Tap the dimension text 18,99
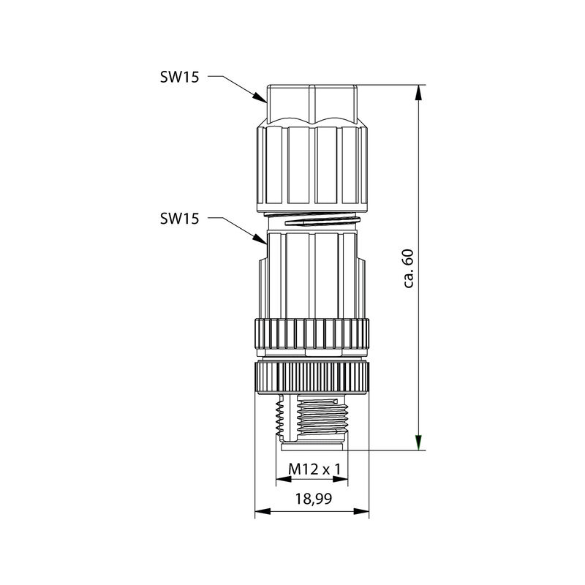coord(312,499)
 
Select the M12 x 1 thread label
coord(312,468)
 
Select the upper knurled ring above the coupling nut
coord(312,333)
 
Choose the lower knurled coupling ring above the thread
coord(312,376)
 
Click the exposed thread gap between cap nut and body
coord(312,220)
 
